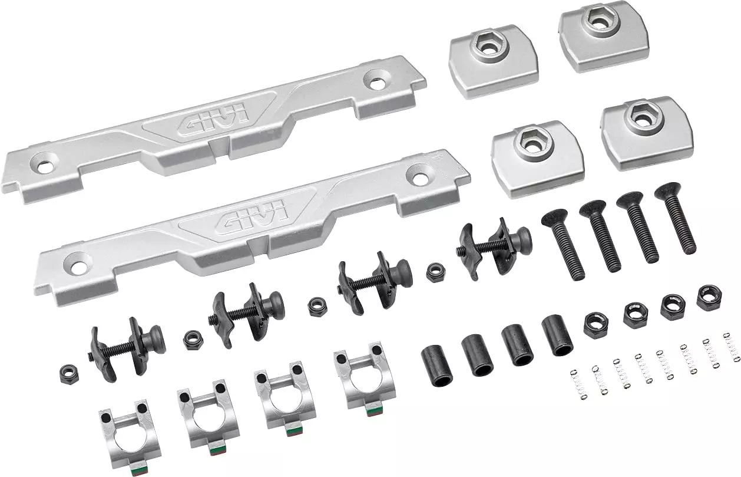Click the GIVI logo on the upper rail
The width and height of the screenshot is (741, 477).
214,120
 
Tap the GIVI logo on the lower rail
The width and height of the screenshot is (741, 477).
254,215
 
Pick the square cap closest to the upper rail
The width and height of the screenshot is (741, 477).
494,61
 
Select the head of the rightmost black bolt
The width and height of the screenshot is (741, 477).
668,190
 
